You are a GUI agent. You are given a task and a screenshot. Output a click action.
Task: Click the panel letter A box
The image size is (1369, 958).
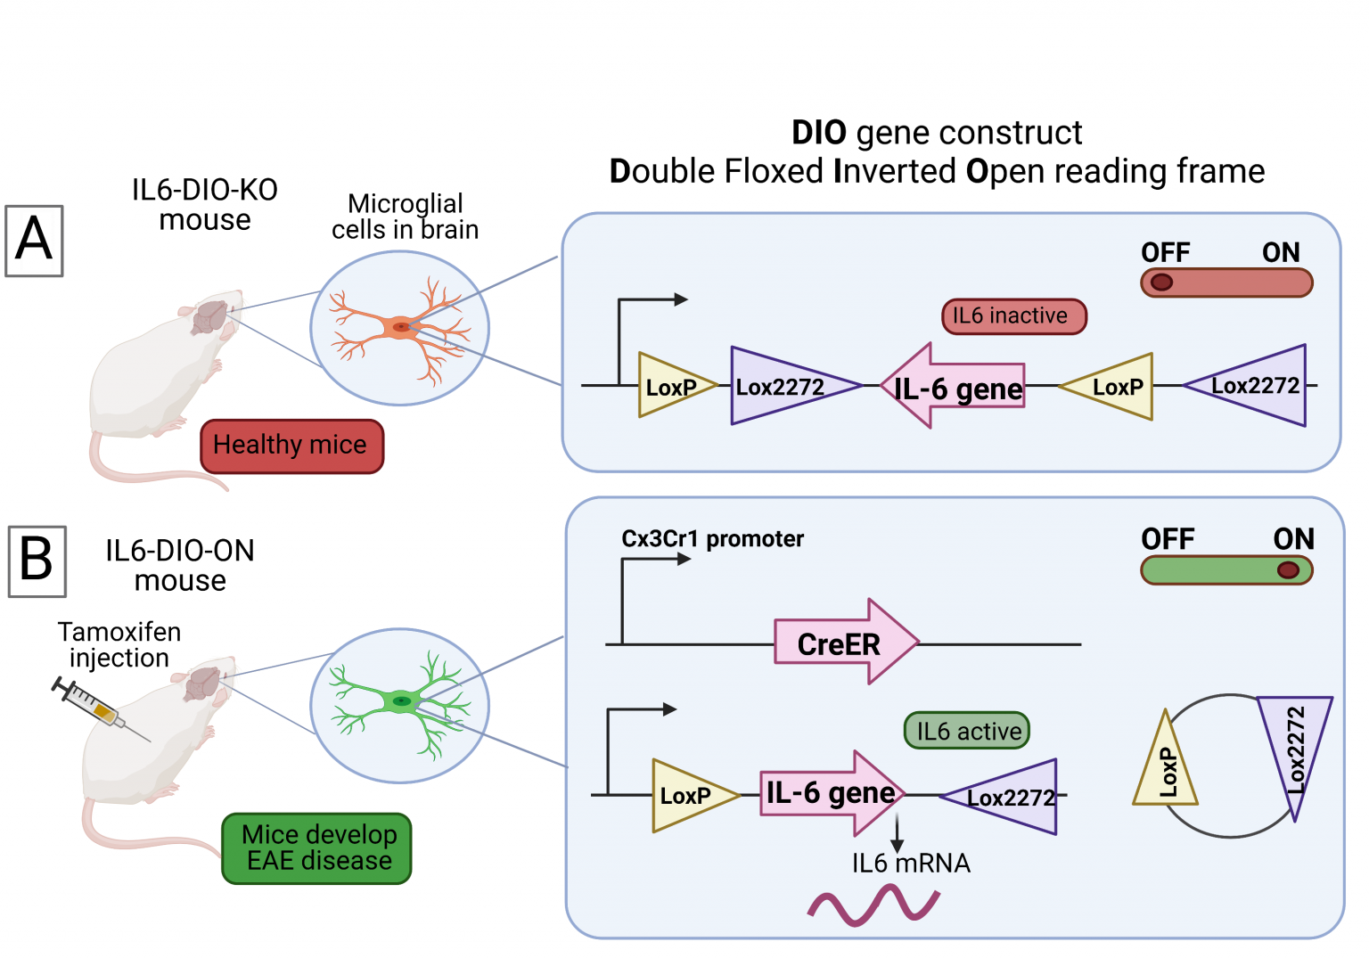(34, 241)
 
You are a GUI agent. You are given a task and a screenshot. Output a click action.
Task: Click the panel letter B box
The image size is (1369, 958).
(37, 561)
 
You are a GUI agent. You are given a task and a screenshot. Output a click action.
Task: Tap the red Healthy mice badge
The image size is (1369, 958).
(291, 446)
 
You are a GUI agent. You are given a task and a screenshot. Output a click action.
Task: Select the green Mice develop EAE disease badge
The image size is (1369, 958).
(316, 848)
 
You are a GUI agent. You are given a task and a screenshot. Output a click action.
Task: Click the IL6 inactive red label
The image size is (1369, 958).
(1013, 316)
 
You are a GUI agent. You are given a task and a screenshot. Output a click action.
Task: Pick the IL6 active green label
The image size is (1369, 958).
(967, 731)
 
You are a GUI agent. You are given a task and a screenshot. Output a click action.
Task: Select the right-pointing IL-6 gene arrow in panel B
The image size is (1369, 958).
(832, 793)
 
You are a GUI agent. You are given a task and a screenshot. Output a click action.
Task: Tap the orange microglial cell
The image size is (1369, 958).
(400, 328)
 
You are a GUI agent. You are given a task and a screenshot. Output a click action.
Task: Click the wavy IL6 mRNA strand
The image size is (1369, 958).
(873, 905)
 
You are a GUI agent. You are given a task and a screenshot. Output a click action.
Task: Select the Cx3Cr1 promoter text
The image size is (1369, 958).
(712, 539)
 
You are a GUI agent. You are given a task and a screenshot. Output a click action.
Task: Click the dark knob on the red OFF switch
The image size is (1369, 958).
(1160, 282)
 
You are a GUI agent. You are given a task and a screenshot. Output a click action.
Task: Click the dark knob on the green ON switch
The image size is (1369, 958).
(1287, 570)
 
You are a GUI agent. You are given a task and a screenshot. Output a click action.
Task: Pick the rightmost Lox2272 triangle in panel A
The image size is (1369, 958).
(1257, 386)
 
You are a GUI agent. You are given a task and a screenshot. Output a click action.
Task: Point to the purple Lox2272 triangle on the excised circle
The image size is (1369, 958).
(1295, 749)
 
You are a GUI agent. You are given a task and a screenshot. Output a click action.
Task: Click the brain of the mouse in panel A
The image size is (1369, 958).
(210, 316)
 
